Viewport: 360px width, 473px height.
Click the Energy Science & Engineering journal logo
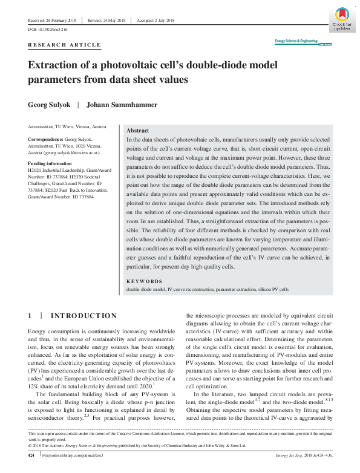pos(296,41)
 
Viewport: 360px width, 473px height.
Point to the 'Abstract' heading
pos(139,131)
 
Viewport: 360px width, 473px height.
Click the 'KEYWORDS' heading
pos(144,281)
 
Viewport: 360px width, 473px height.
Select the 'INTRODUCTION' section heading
pos(84,316)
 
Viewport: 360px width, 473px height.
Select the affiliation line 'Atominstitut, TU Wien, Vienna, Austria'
pos(67,127)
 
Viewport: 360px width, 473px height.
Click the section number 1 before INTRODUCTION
pos(30,316)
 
